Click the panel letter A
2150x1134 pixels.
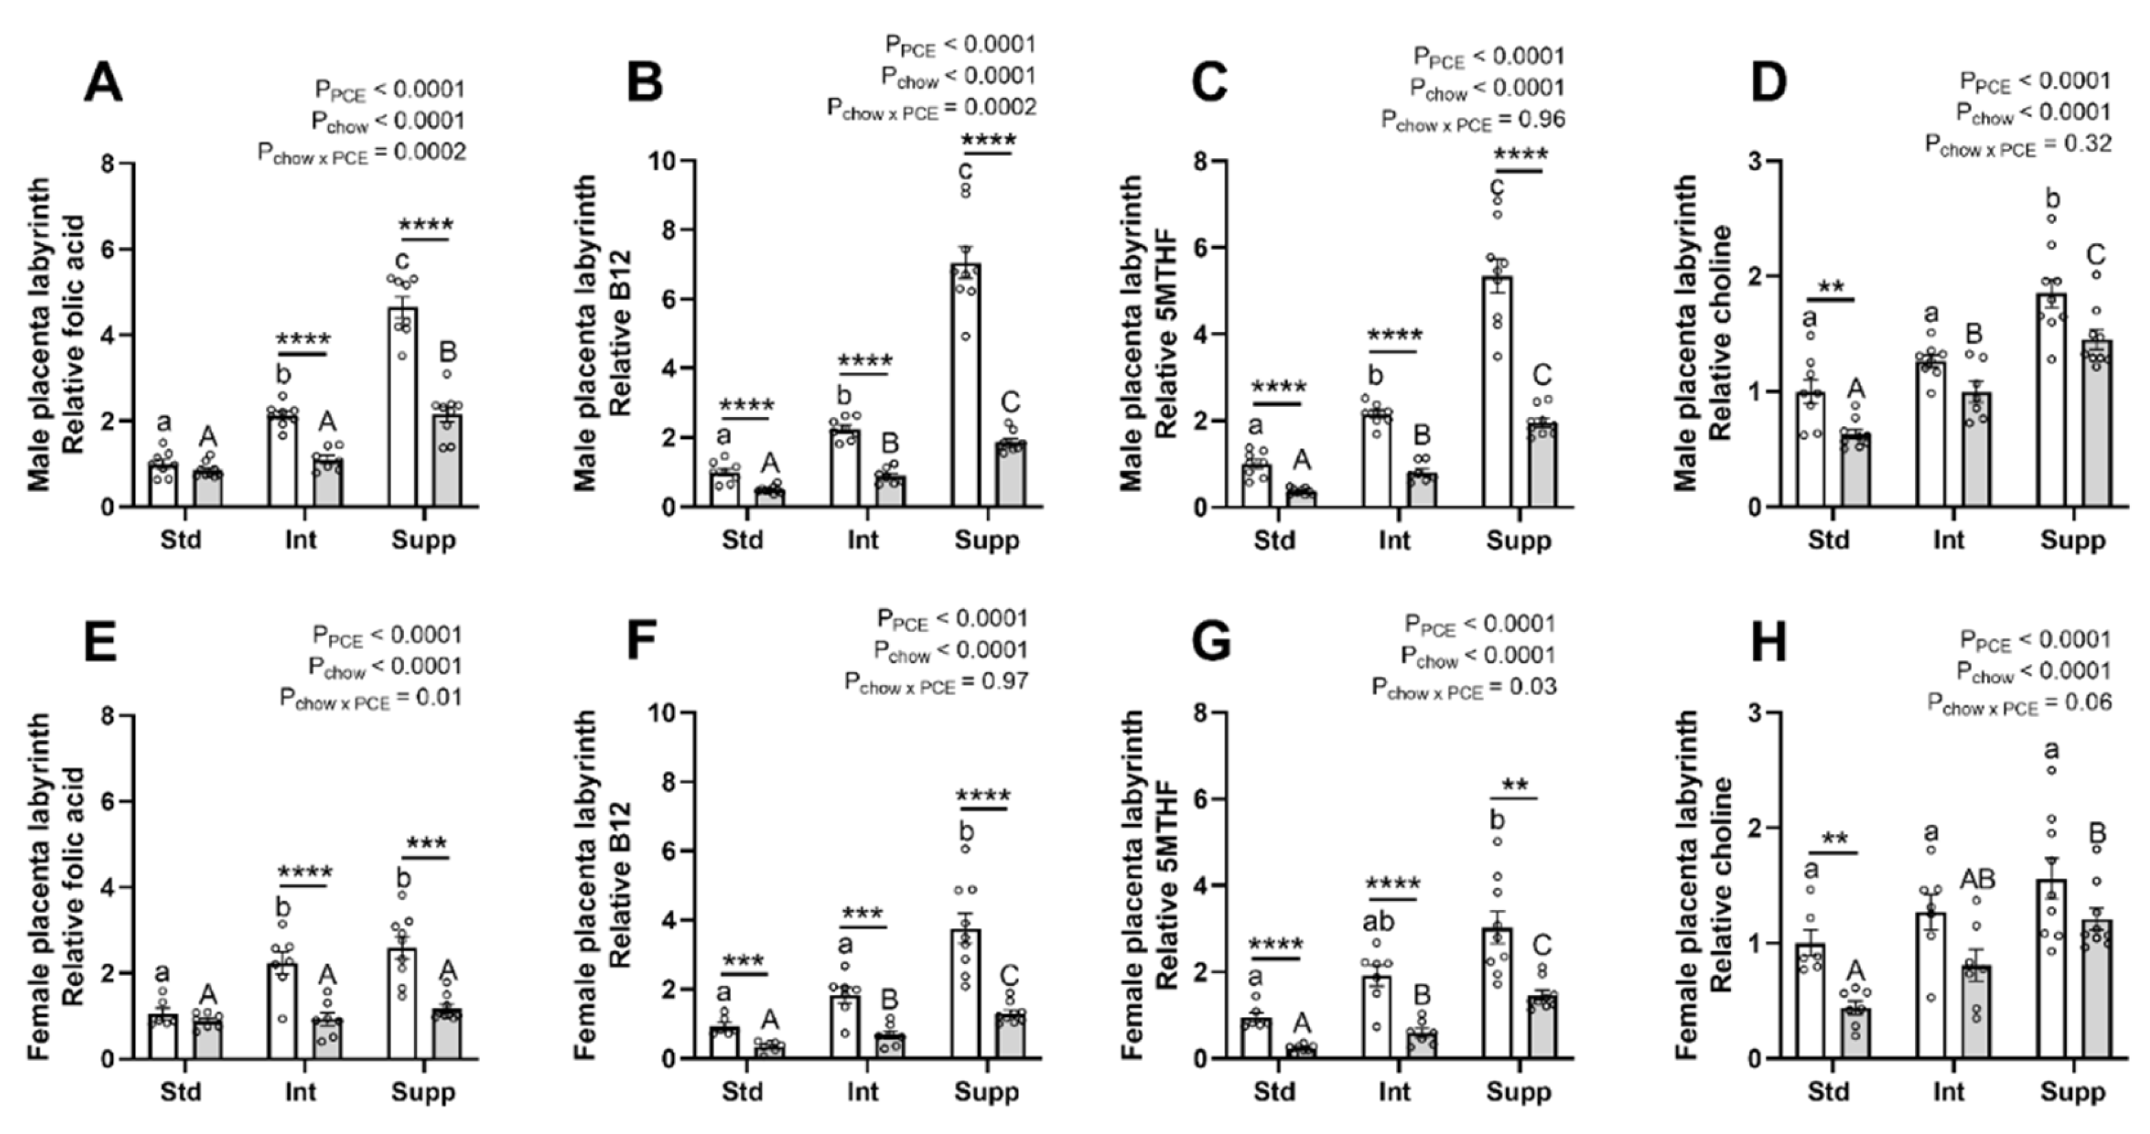pos(103,84)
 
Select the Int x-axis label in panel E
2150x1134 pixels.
pos(300,1092)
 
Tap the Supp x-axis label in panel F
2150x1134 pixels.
pos(986,1092)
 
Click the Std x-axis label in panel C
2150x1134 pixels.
pos(1274,540)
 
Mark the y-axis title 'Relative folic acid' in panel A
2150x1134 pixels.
pos(73,334)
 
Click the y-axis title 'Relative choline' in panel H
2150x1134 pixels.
pos(1720,885)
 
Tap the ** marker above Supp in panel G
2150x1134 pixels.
pos(1514,785)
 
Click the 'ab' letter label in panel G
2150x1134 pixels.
pos(1377,921)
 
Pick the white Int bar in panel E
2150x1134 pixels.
pos(282,1011)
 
